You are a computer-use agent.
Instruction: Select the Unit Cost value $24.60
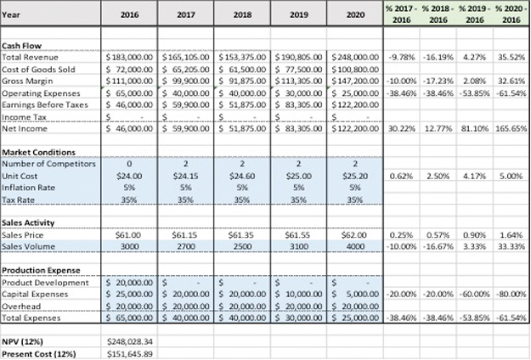[244, 174]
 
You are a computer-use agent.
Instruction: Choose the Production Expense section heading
[40, 269]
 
